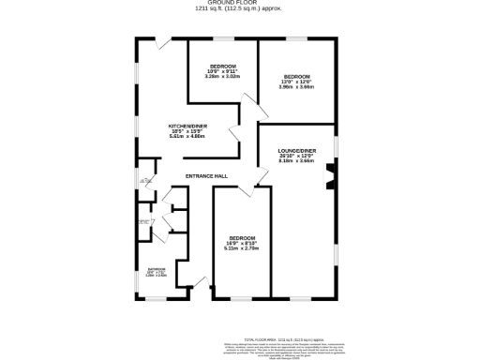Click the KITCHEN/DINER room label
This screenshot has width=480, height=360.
point(187,126)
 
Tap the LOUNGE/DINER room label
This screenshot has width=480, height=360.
point(296,150)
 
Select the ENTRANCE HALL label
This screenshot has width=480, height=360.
point(206,176)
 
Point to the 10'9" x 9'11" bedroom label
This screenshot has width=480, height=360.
point(222,67)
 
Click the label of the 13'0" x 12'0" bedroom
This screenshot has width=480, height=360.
point(297,76)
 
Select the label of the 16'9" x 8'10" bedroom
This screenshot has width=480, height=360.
point(241,238)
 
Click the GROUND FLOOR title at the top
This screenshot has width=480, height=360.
point(240,4)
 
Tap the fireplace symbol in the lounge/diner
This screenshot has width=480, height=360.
point(329,174)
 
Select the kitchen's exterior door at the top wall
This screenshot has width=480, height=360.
point(163,43)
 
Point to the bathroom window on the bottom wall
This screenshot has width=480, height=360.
point(156,299)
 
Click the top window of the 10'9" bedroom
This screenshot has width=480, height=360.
point(222,39)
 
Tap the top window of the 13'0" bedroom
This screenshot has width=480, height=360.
point(297,39)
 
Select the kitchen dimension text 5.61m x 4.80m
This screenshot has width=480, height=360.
point(187,136)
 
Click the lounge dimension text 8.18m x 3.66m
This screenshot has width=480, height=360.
point(296,160)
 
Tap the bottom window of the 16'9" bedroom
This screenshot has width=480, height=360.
point(242,299)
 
